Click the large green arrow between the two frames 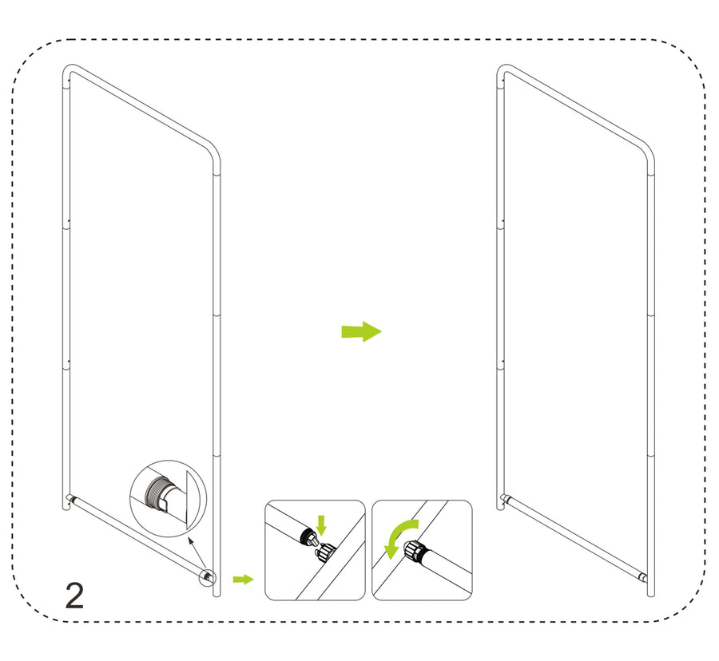point(361,331)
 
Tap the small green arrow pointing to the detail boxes point(243,579)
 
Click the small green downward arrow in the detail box point(321,525)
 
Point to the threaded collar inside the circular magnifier point(156,493)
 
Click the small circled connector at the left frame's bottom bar point(207,576)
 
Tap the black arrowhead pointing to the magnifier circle point(192,542)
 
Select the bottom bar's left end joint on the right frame point(504,498)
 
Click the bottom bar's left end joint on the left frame point(70,498)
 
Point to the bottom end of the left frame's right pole point(216,594)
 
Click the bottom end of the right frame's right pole point(651,594)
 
